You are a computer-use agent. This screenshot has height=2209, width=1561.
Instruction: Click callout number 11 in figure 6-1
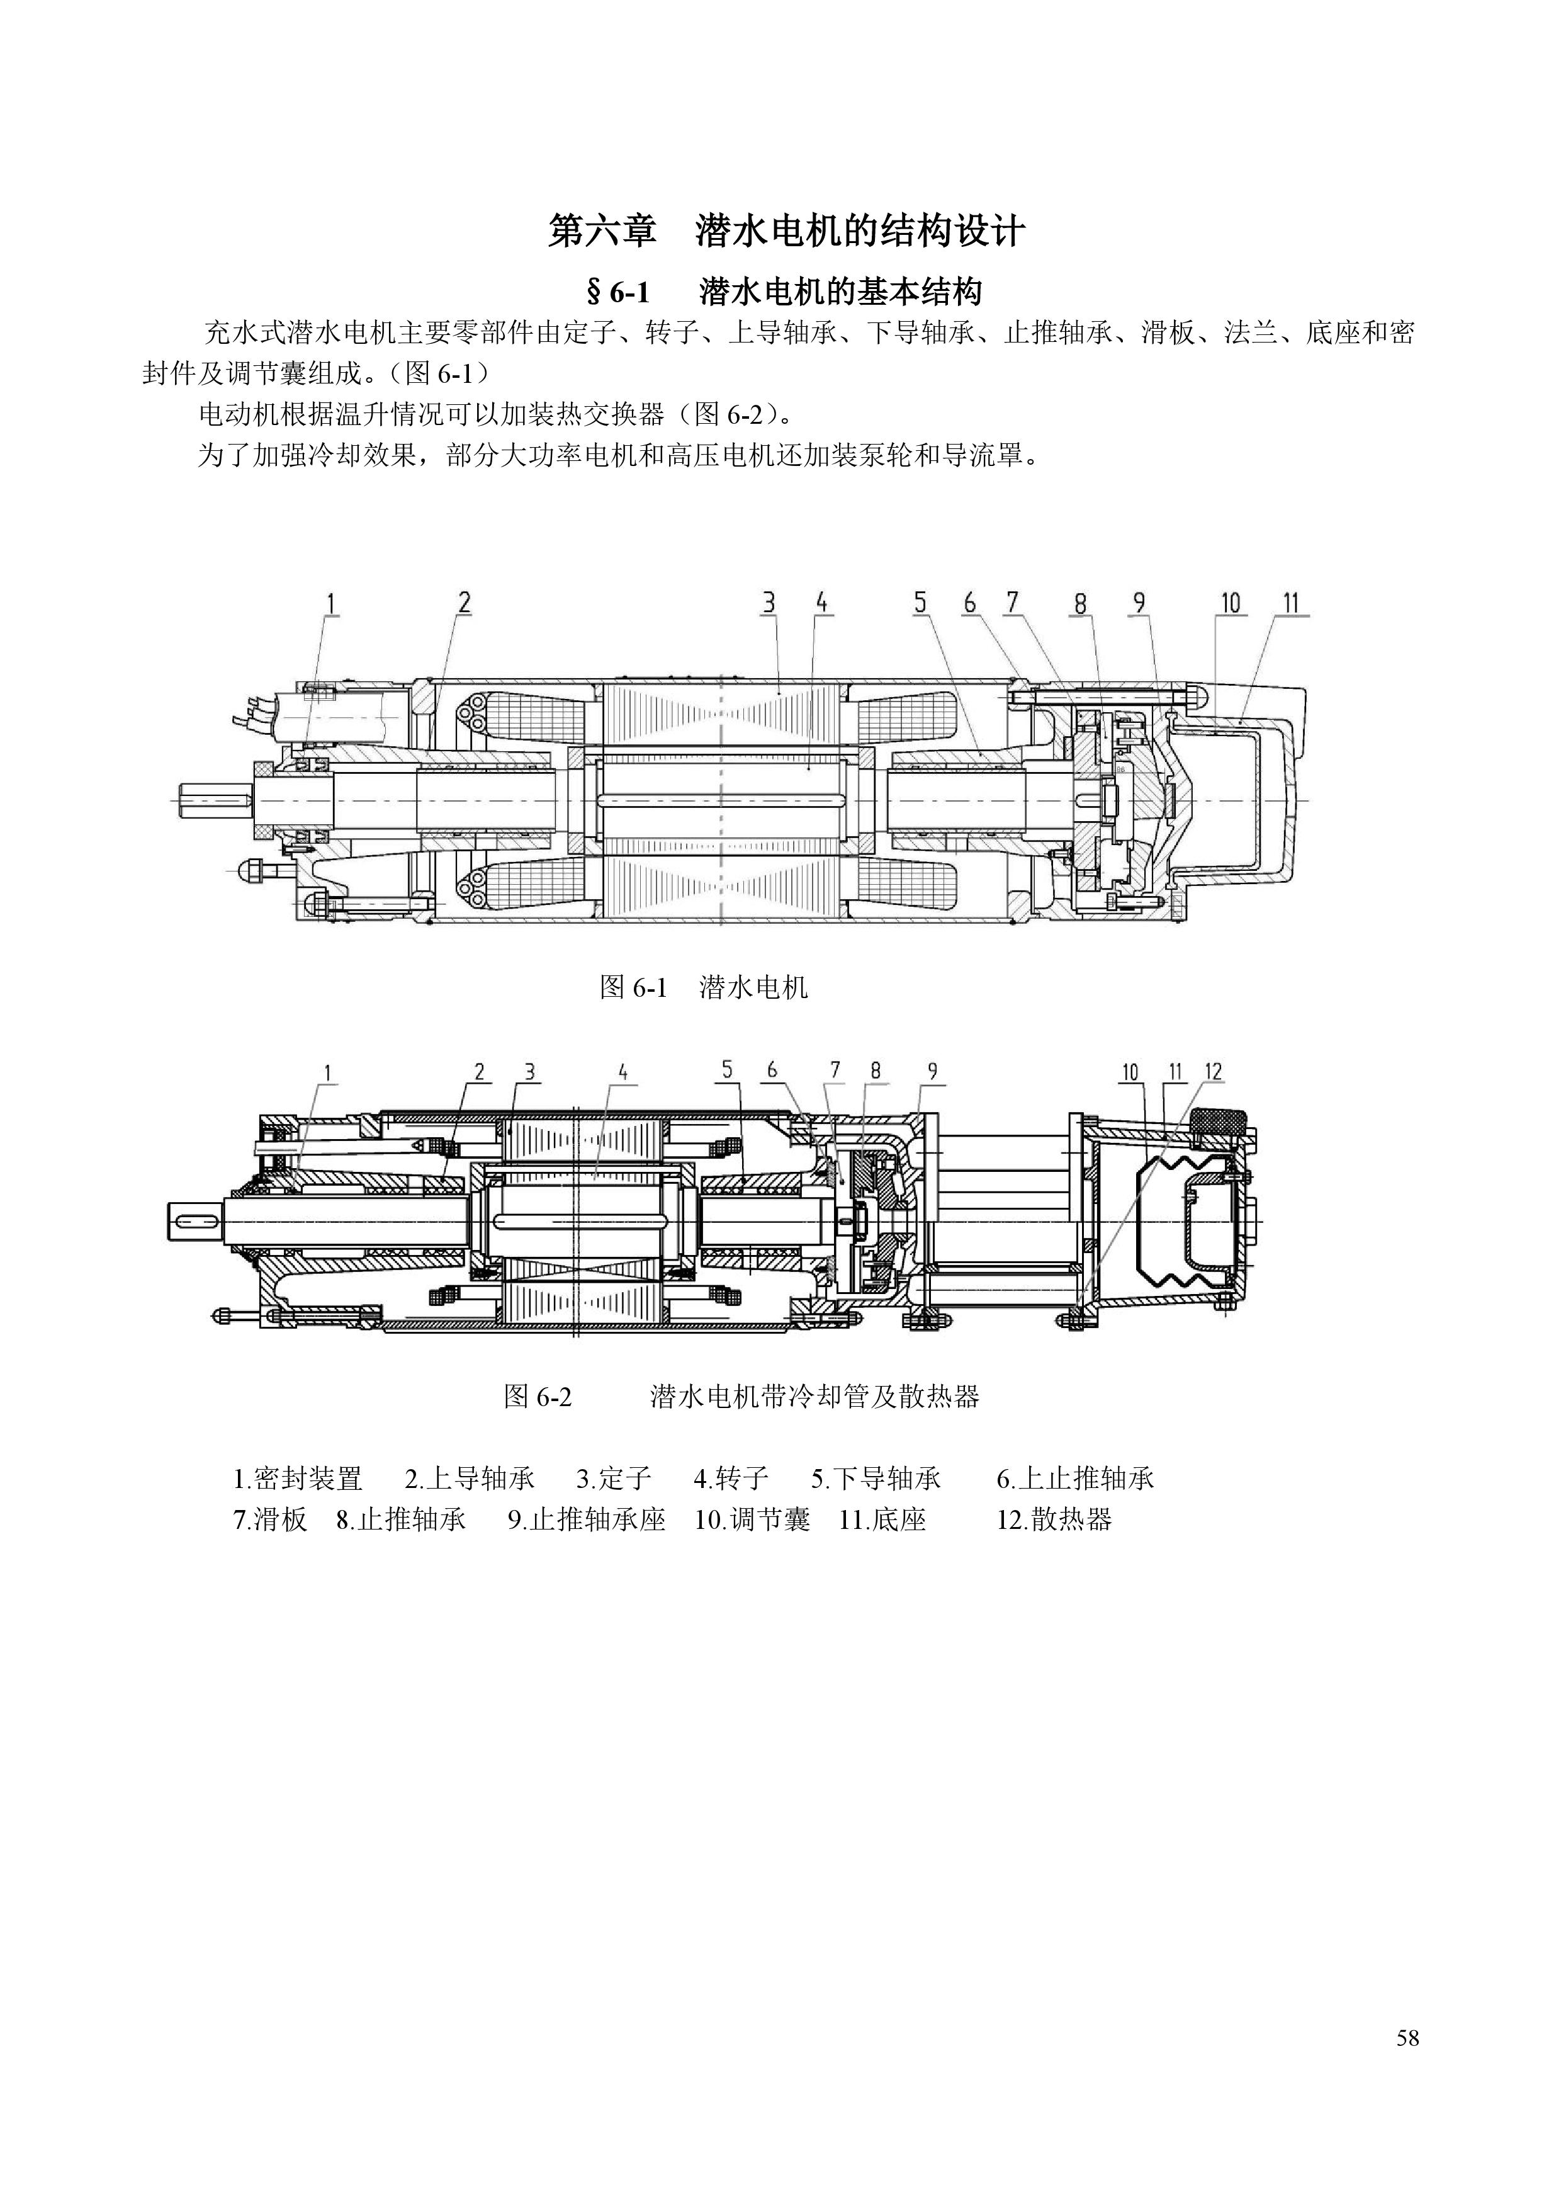click(1291, 603)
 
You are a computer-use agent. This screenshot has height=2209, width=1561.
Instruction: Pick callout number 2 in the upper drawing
click(465, 603)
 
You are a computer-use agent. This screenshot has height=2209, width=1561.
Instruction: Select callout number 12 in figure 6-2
click(1213, 1072)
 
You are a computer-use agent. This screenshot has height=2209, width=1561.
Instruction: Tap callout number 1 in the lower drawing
click(328, 1072)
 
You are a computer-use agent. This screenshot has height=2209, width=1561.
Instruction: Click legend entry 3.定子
click(614, 1478)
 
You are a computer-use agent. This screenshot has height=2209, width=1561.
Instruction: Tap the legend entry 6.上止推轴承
click(1075, 1478)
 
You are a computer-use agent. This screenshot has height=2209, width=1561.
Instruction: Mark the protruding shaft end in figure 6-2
click(196, 1221)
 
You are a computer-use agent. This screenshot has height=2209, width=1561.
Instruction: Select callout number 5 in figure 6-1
click(920, 603)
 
